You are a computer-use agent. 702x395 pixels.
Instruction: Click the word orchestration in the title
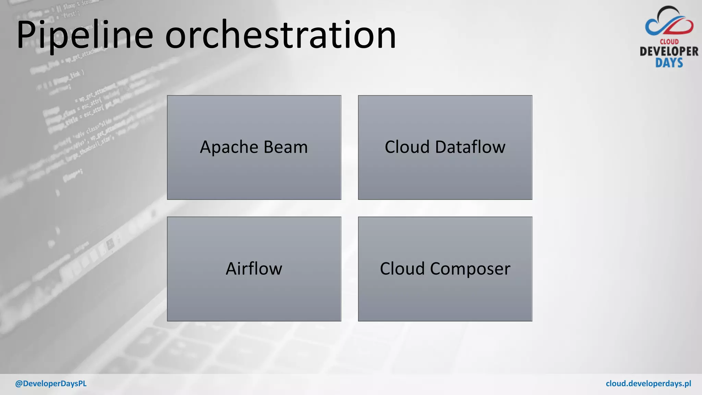280,35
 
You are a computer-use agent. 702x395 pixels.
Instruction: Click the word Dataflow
470,147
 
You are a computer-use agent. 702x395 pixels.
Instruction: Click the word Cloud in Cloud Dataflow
407,147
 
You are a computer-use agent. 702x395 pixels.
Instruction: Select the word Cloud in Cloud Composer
402,268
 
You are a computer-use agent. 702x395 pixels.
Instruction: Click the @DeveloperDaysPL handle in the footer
51,384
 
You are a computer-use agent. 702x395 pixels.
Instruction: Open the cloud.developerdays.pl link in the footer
648,384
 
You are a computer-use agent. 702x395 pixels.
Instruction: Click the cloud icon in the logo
669,22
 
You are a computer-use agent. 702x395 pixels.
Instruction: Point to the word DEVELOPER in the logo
669,52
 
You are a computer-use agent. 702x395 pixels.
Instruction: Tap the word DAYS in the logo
669,63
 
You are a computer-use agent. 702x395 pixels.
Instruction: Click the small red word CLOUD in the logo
669,42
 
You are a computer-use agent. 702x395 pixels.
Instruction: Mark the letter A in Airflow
232,268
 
